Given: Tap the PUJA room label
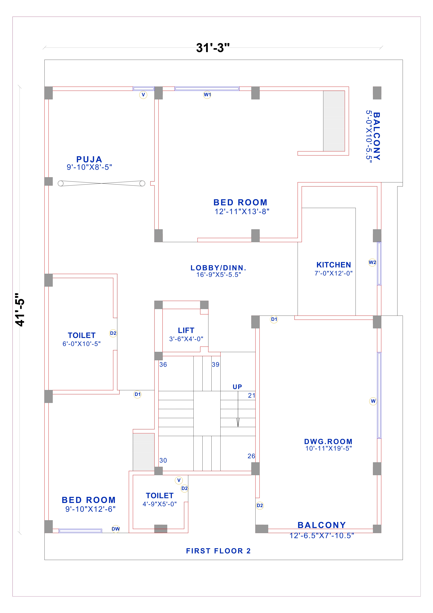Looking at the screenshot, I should point(89,159).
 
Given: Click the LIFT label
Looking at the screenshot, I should point(186,330).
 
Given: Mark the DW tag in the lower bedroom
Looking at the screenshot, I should point(116,529).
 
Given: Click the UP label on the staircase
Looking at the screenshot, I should point(237,387).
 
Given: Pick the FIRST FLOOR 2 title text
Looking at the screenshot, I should point(218,551).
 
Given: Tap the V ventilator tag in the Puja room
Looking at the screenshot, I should point(143,95).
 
